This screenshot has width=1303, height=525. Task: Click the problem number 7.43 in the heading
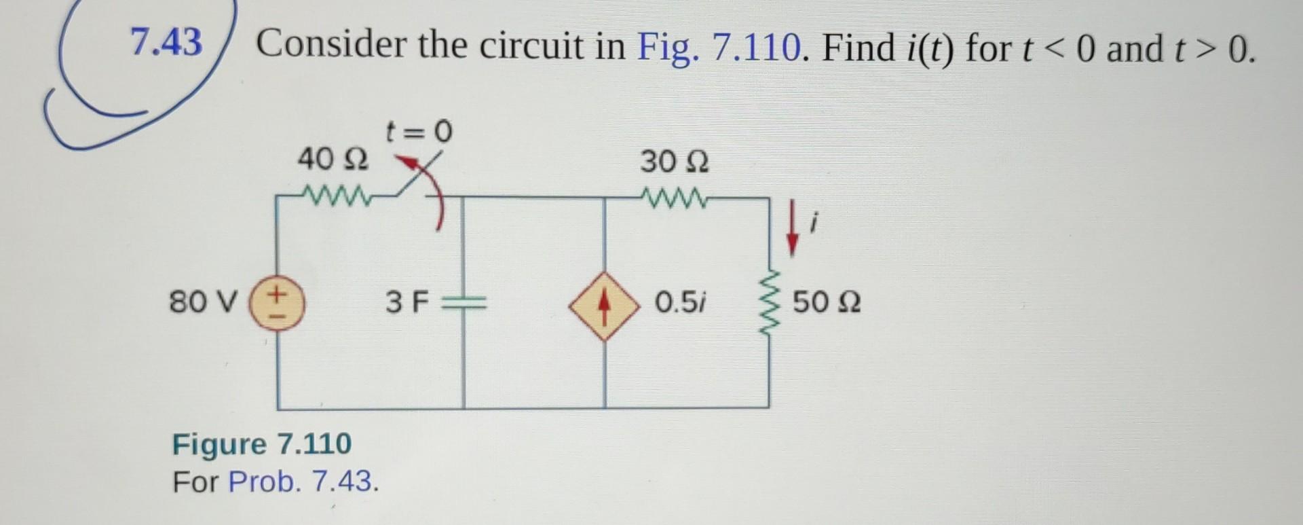(x=166, y=42)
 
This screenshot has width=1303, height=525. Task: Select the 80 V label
(x=203, y=302)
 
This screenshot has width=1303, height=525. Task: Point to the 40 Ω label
(x=333, y=160)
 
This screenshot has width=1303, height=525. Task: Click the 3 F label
(x=407, y=302)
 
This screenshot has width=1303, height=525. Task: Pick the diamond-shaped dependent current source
(x=604, y=306)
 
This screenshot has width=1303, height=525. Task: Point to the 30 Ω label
(x=675, y=162)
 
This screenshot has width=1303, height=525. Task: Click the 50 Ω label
(x=827, y=302)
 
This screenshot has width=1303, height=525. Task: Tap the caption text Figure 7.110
(x=262, y=444)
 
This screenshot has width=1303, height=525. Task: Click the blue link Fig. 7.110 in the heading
(x=719, y=48)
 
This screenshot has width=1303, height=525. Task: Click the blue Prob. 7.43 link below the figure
(x=303, y=482)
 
